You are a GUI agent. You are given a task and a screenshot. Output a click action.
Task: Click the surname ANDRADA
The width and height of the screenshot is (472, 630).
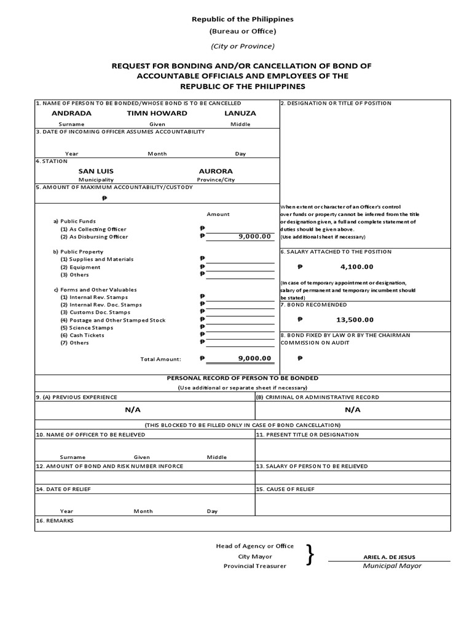pos(71,113)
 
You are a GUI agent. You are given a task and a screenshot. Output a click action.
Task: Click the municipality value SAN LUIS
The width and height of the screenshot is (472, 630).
pos(96,171)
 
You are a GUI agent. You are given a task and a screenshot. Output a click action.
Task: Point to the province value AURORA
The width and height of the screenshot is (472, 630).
pos(216,171)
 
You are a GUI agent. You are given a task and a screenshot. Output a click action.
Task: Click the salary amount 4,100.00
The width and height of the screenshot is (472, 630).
pos(356,267)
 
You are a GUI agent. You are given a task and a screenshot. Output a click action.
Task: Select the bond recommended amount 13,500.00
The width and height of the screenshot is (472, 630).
pos(355,319)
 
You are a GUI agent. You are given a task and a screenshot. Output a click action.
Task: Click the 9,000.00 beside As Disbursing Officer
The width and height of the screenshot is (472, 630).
pos(254,236)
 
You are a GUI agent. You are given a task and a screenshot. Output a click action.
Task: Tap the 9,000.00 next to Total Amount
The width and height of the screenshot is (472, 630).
pos(254,358)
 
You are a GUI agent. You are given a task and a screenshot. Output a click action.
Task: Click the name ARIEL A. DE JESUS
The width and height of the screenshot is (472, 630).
pos(389,557)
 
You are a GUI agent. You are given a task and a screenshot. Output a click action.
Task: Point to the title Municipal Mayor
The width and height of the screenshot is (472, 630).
pos(392,566)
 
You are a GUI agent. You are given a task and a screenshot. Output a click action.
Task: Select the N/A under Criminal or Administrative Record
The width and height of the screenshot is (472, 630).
pos(352,410)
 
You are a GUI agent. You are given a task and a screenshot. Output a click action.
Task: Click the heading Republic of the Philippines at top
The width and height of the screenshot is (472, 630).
pos(242,19)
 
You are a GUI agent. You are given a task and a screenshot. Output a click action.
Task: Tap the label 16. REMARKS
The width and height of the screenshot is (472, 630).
pos(55,520)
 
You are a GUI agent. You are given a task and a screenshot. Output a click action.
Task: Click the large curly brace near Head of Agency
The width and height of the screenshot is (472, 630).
pos(310,555)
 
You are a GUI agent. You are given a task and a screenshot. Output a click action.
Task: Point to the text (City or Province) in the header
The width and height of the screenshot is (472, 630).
pos(242,46)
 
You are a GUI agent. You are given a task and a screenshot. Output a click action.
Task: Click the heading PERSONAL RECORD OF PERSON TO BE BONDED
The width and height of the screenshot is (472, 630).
pos(242,378)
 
